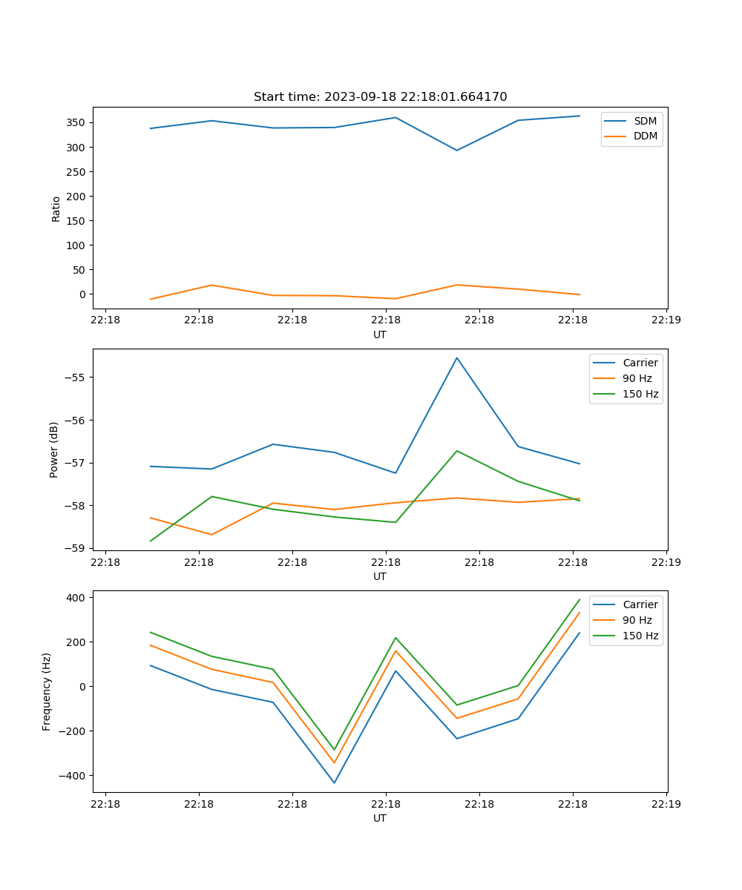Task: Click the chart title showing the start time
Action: [380, 97]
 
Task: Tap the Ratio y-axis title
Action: [56, 208]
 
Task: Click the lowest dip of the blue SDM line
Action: [456, 151]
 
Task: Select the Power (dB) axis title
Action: [54, 449]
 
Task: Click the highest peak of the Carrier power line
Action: [456, 358]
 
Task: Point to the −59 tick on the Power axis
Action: [77, 548]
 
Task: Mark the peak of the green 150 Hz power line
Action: [456, 451]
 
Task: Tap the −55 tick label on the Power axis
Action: [77, 378]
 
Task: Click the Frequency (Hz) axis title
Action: [47, 691]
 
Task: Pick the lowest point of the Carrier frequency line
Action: [334, 782]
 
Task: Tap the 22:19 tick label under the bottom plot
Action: [666, 803]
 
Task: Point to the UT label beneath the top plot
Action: [380, 334]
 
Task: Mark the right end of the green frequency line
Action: [580, 599]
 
